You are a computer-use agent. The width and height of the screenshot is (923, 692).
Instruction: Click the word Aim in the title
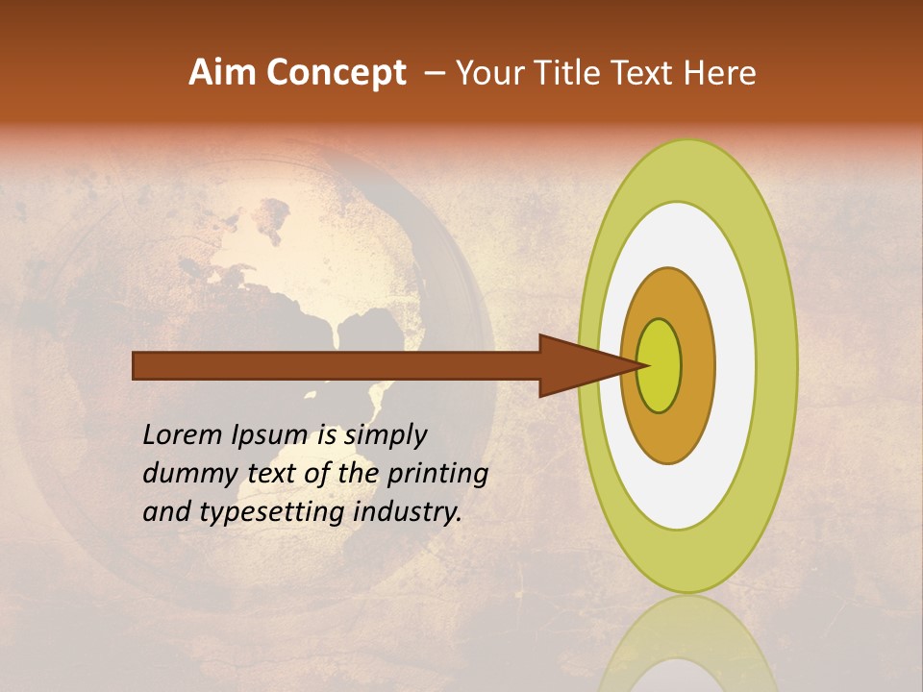[223, 73]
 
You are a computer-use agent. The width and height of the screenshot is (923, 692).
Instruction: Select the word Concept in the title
[337, 73]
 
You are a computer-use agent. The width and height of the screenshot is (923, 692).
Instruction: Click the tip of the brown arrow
[651, 365]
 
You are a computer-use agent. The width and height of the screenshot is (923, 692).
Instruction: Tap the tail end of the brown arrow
[136, 365]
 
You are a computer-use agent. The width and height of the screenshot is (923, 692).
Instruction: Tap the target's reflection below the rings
[687, 649]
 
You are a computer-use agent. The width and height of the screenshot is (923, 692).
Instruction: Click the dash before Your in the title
[435, 74]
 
